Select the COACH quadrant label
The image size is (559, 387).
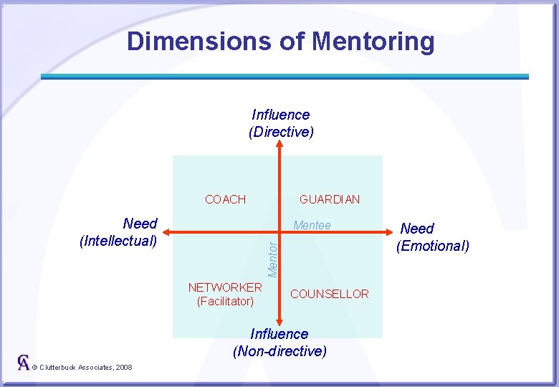click(225, 199)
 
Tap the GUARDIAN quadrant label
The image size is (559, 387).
click(330, 199)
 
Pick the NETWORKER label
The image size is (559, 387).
click(225, 287)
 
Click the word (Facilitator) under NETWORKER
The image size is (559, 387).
click(225, 301)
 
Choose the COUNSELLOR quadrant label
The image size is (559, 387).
click(330, 294)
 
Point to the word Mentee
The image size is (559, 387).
click(312, 226)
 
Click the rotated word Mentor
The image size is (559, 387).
click(272, 259)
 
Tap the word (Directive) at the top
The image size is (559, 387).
click(281, 132)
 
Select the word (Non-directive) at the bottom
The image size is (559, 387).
click(279, 351)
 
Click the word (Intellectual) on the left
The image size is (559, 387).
click(118, 241)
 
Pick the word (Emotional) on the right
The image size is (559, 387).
click(433, 246)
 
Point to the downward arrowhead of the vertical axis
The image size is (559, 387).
click(280, 320)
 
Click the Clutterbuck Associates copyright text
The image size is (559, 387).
click(82, 367)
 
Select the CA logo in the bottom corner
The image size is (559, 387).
click(24, 363)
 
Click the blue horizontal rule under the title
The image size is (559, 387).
click(285, 76)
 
